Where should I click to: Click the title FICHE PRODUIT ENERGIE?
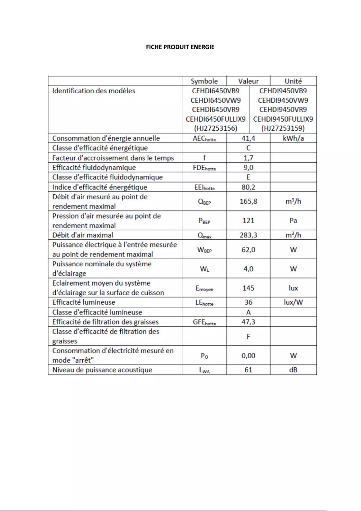pyautogui.click(x=180, y=47)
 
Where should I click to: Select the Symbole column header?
pyautogui.click(x=204, y=81)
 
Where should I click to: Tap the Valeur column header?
pyautogui.click(x=248, y=81)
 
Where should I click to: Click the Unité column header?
pyautogui.click(x=293, y=81)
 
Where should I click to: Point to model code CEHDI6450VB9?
pyautogui.click(x=216, y=91)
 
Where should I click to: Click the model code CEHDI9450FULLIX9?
pyautogui.click(x=283, y=119)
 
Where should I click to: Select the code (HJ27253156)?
pyautogui.click(x=216, y=128)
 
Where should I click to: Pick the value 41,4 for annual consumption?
pyautogui.click(x=248, y=138)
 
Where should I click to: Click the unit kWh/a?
pyautogui.click(x=293, y=138)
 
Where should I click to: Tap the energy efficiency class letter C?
pyautogui.click(x=248, y=148)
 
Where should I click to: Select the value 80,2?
pyautogui.click(x=248, y=187)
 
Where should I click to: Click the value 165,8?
pyautogui.click(x=248, y=201)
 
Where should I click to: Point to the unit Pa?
pyautogui.click(x=293, y=220)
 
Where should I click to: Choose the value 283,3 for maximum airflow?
pyautogui.click(x=248, y=235)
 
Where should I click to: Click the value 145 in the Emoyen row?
pyautogui.click(x=248, y=288)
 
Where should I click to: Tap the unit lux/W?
pyautogui.click(x=293, y=302)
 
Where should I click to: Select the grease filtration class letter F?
pyautogui.click(x=248, y=336)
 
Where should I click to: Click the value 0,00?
pyautogui.click(x=248, y=356)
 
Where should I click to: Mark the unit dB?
pyautogui.click(x=293, y=370)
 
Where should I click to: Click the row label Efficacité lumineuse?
pyautogui.click(x=84, y=302)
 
